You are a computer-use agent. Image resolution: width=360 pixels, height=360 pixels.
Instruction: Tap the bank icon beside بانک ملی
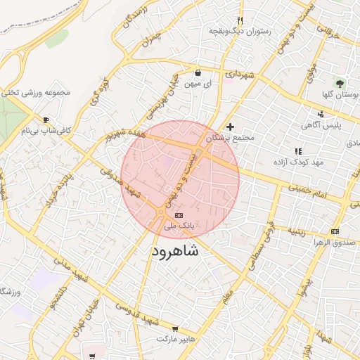[x=178, y=214]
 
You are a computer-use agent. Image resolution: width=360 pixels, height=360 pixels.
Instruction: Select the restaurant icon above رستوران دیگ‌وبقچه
[x=240, y=20]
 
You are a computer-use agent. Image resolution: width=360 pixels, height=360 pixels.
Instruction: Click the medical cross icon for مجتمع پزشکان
[x=230, y=127]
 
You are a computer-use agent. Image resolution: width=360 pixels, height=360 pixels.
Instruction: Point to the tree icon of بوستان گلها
[x=342, y=84]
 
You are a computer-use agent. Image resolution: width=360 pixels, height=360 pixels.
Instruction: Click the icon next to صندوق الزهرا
[x=334, y=231]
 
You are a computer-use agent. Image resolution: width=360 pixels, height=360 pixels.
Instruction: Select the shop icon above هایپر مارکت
[x=175, y=328]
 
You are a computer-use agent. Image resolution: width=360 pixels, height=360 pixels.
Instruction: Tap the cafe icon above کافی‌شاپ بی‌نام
[x=46, y=120]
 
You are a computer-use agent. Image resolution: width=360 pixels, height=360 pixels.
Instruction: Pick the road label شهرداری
[x=239, y=74]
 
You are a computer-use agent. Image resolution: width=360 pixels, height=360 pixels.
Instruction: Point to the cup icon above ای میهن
[x=198, y=72]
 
